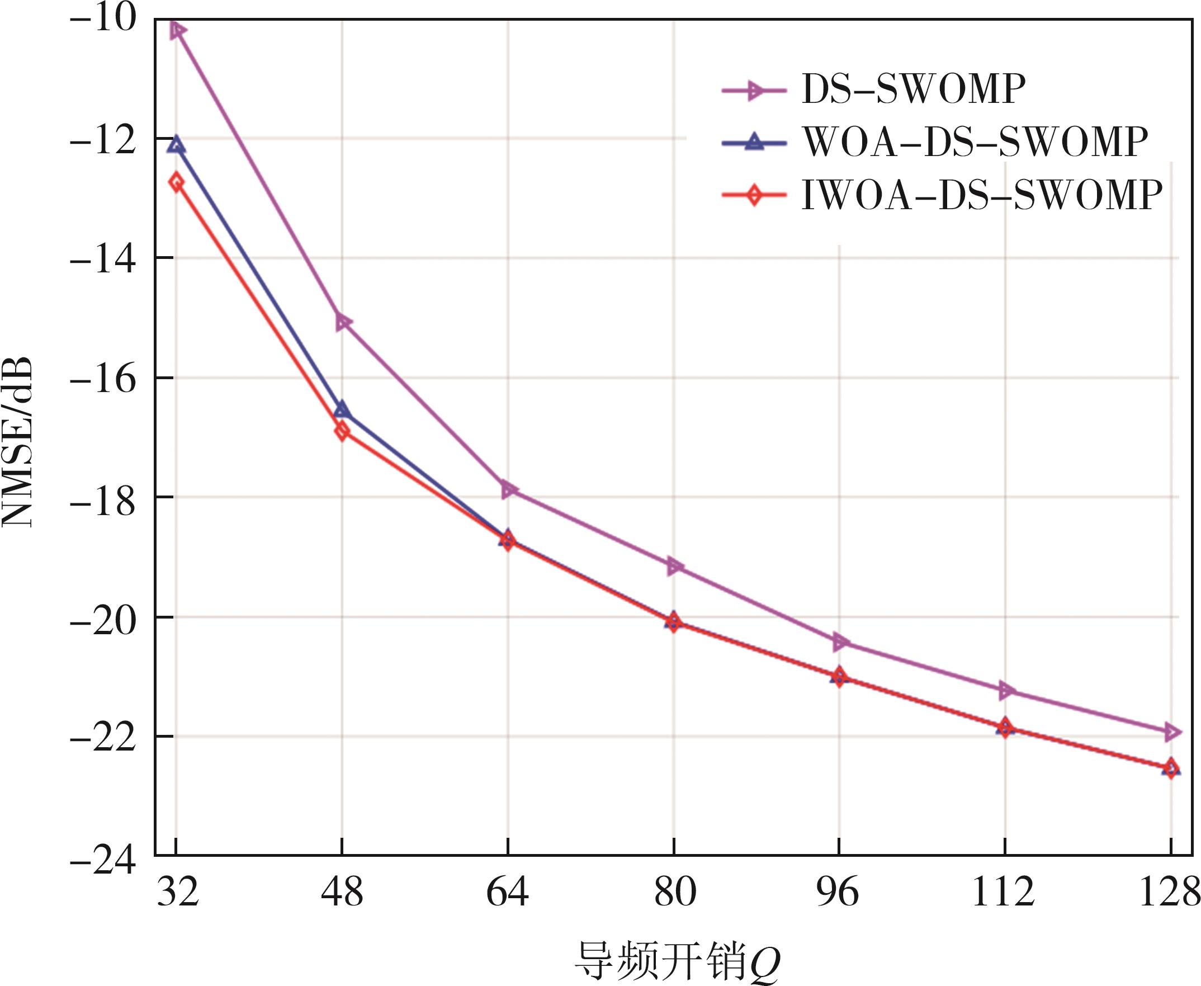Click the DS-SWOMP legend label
[x=913, y=89]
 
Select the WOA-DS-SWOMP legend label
[x=974, y=143]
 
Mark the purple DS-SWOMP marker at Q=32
[x=177, y=30]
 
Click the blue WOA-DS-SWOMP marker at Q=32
[x=177, y=144]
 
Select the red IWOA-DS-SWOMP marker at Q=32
[x=177, y=182]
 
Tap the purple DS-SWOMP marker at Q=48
[x=343, y=323]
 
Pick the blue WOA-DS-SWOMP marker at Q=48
[x=342, y=409]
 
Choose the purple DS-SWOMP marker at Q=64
[x=509, y=489]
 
